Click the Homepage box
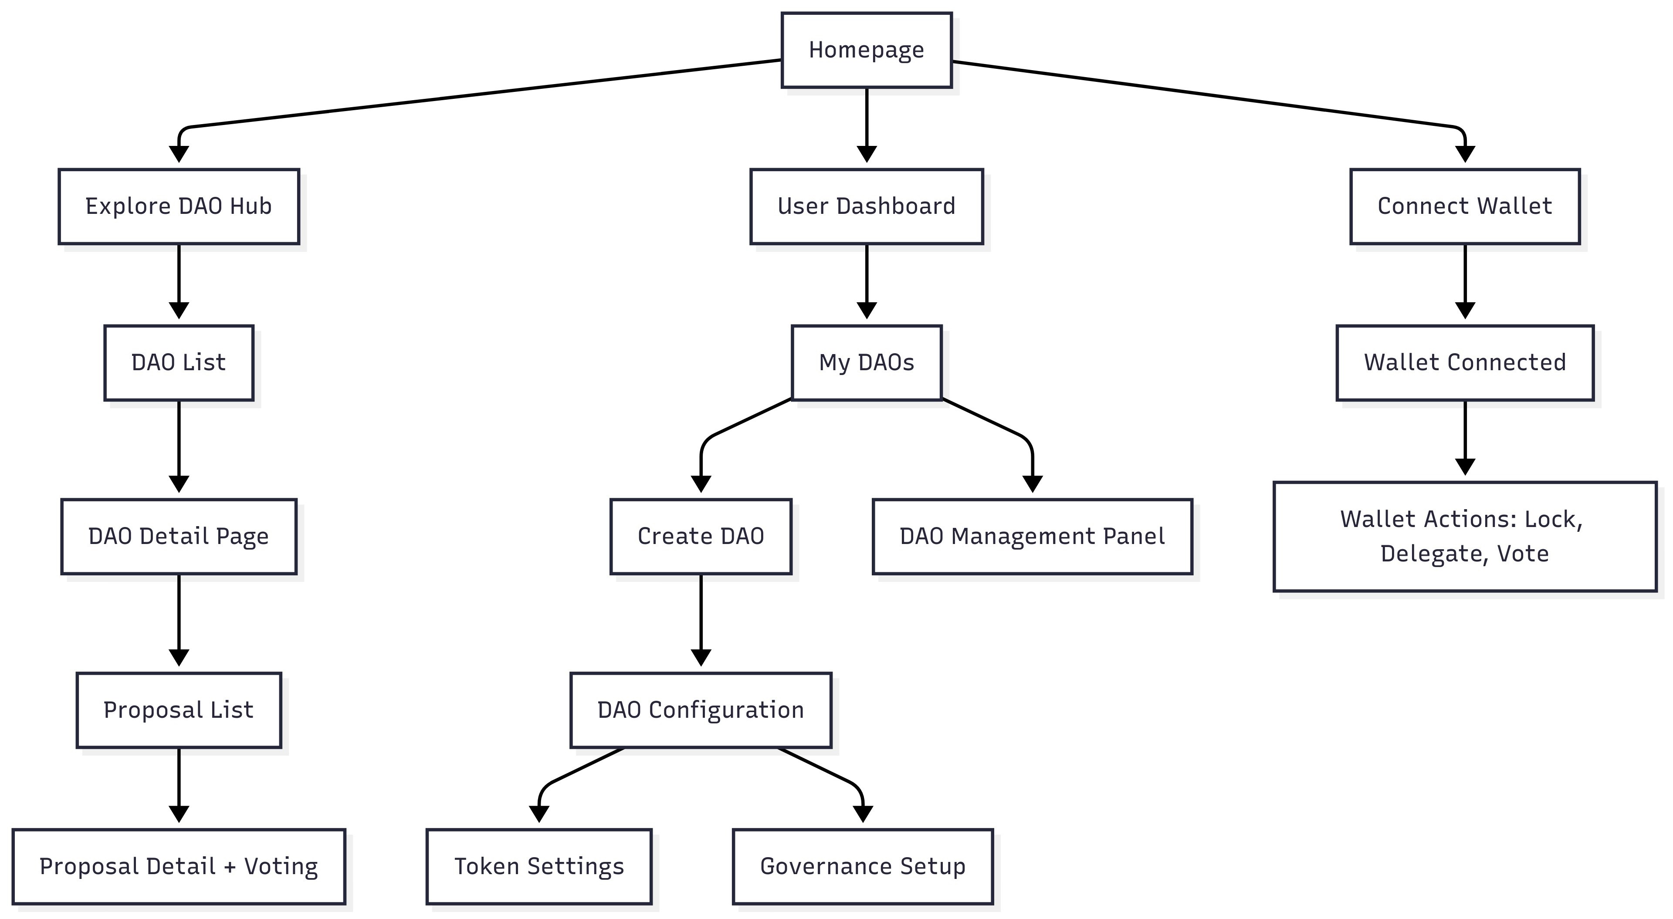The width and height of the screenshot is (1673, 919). [x=867, y=50]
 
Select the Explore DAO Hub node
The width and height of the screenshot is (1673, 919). [x=179, y=206]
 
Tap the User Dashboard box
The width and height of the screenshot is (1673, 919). [x=867, y=206]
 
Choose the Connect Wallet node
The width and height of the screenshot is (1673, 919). [x=1464, y=206]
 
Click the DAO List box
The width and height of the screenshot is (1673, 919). [x=179, y=362]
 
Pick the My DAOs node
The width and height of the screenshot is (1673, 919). [x=867, y=362]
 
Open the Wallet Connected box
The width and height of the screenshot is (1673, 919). [x=1464, y=362]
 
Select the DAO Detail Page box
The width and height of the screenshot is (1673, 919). [x=179, y=537]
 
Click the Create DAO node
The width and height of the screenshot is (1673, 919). [x=701, y=537]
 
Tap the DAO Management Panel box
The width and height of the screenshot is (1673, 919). [x=1032, y=537]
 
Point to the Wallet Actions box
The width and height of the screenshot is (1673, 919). [x=1464, y=537]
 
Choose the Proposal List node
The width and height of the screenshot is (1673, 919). [x=179, y=710]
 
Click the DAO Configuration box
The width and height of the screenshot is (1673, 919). [x=701, y=710]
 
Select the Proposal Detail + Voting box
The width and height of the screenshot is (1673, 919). [x=179, y=866]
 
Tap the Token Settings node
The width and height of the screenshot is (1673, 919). [x=539, y=866]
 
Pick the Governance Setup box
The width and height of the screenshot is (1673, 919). [x=863, y=866]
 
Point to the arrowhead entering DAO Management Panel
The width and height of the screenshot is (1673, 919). [x=1032, y=484]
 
